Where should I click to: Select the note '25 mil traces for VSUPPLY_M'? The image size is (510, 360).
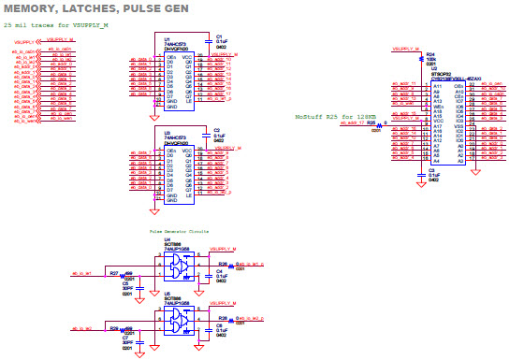click(56, 24)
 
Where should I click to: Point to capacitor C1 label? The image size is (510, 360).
click(218, 36)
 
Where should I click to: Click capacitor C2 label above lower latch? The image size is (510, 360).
click(217, 130)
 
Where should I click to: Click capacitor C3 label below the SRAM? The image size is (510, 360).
click(431, 169)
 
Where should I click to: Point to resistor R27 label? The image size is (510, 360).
click(113, 273)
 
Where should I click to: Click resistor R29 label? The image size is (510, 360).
click(113, 328)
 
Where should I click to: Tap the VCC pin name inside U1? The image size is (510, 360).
click(188, 57)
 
